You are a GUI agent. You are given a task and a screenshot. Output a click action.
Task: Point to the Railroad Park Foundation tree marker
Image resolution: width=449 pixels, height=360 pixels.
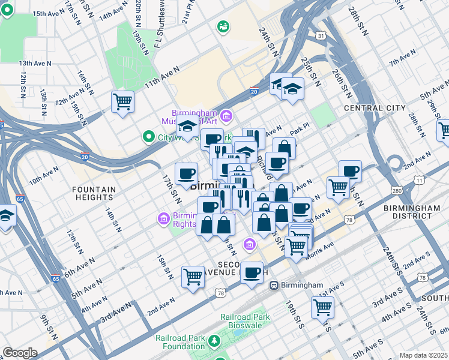coord(214,341)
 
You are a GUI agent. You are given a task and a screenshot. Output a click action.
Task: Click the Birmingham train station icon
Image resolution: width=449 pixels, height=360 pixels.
coord(274,285)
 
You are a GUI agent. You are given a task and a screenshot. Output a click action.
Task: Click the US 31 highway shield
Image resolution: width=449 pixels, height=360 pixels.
coord(322,36)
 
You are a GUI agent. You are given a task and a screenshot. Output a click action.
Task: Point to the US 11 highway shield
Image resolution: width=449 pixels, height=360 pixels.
coord(419,180)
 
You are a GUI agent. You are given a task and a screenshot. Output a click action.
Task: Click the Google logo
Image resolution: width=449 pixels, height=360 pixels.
coord(19,353)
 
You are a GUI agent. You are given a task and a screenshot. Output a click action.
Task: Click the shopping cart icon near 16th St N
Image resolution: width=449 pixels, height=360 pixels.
coord(122,101)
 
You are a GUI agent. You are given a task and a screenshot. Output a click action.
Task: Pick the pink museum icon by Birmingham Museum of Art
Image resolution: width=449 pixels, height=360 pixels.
coord(226,115)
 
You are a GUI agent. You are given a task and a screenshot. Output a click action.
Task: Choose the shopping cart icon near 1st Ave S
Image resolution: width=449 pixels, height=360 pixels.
coord(322,307)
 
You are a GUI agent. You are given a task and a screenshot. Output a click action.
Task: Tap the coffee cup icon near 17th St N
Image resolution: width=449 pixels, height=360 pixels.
coord(186,174)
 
